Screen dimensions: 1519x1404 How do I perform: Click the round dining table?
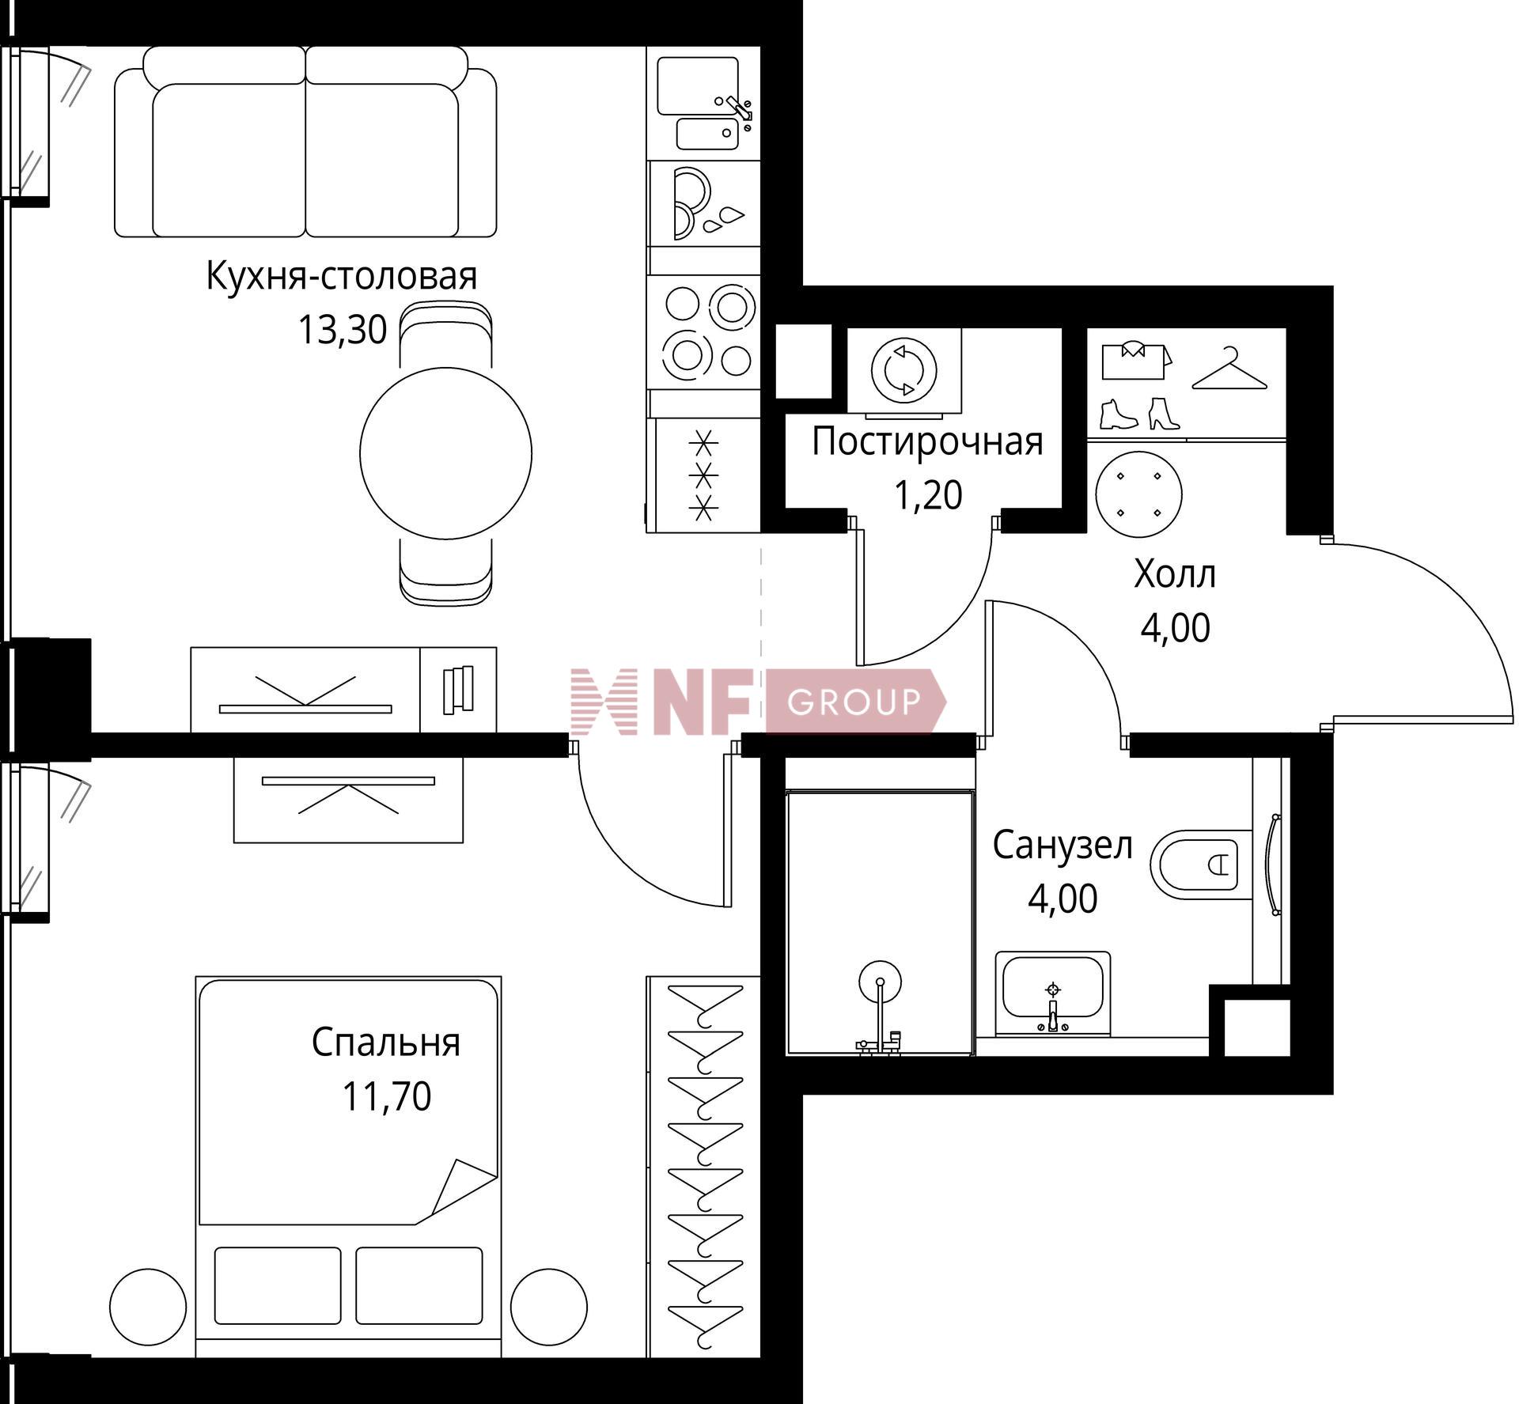(445, 453)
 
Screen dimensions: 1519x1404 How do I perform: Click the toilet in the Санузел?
(1200, 864)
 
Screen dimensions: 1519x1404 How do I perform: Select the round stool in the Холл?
(1138, 494)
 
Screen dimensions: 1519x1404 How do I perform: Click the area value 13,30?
(342, 330)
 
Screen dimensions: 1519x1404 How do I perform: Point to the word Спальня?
(385, 1043)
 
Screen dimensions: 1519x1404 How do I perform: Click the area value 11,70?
(386, 1096)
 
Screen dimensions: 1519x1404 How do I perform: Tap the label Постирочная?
(927, 442)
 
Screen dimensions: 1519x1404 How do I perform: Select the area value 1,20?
(928, 495)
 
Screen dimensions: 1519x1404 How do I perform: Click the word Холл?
(1175, 573)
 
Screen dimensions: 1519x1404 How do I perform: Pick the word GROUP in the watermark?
(854, 702)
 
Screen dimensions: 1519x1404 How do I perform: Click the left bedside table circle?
(148, 1308)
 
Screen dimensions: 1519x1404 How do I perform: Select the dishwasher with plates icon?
(703, 204)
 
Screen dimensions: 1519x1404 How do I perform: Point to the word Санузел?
(1063, 845)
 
